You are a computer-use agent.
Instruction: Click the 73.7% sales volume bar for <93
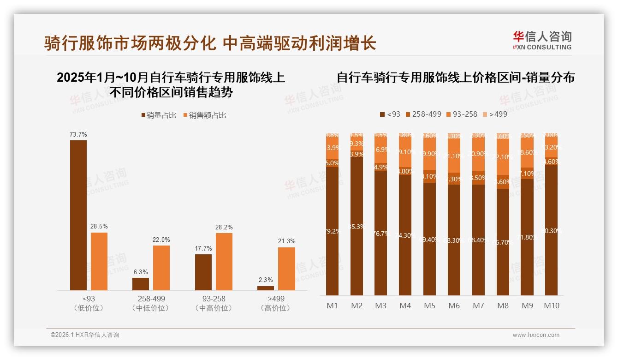pyautogui.click(x=78, y=215)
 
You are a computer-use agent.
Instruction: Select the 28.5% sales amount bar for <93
pyautogui.click(x=99, y=261)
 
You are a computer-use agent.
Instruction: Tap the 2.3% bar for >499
pyautogui.click(x=266, y=288)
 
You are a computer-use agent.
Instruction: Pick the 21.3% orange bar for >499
pyautogui.click(x=286, y=269)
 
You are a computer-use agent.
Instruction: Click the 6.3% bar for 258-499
pyautogui.click(x=141, y=284)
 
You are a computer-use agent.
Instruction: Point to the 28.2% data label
pyautogui.click(x=224, y=227)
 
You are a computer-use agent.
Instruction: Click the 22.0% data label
pyautogui.click(x=161, y=240)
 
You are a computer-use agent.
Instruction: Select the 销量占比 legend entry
pyautogui.click(x=159, y=115)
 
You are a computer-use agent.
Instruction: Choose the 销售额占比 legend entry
pyautogui.click(x=205, y=115)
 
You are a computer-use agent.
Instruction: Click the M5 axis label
pyautogui.click(x=429, y=306)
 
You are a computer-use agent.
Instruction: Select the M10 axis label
pyautogui.click(x=551, y=306)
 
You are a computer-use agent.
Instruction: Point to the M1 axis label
pyautogui.click(x=332, y=306)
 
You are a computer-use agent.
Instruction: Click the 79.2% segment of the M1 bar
pyautogui.click(x=332, y=231)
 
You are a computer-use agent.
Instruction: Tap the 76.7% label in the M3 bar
pyautogui.click(x=381, y=234)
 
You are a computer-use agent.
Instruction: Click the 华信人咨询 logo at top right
pyautogui.click(x=542, y=40)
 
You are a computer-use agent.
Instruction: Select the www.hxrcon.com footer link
pyautogui.click(x=536, y=335)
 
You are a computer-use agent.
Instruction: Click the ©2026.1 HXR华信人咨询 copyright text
pyautogui.click(x=84, y=335)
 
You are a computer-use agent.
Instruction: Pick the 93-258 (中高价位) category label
pyautogui.click(x=213, y=303)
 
